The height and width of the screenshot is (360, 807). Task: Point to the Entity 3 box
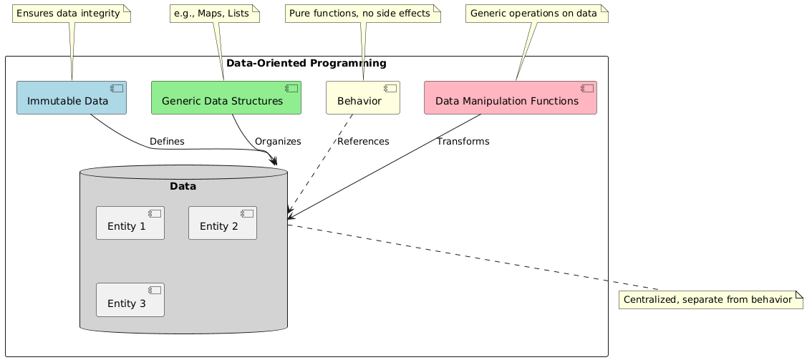pos(130,300)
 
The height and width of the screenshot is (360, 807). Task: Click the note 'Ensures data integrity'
pos(72,13)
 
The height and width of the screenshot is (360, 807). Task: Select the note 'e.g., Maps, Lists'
pos(213,13)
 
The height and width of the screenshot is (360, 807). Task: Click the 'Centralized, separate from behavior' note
pos(710,299)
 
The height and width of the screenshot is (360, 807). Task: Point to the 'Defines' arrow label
pos(167,142)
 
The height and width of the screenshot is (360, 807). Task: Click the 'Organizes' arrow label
pos(278,142)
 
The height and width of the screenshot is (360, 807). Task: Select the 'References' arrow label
pos(363,142)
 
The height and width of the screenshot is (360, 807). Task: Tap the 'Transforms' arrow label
pos(463,142)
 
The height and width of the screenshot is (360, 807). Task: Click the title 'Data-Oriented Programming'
pos(306,63)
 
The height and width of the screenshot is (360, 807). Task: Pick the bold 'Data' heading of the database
pos(183,187)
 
